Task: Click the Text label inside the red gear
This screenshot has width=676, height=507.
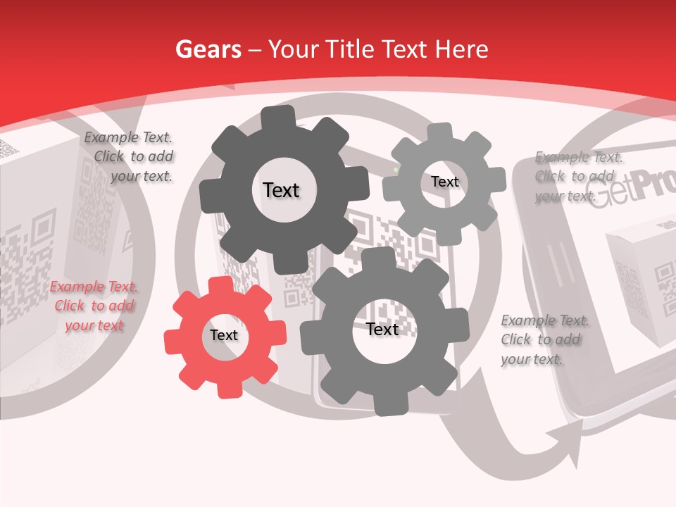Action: coord(224,335)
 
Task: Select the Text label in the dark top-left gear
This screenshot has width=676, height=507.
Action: coord(281,190)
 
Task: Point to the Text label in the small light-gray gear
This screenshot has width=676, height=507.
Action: coord(444,182)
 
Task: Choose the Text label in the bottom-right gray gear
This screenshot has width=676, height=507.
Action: coord(382,329)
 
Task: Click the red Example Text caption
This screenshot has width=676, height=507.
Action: coord(94,306)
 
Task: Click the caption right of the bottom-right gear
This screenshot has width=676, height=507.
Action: coord(544,339)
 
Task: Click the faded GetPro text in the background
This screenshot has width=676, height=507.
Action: coord(631,191)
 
